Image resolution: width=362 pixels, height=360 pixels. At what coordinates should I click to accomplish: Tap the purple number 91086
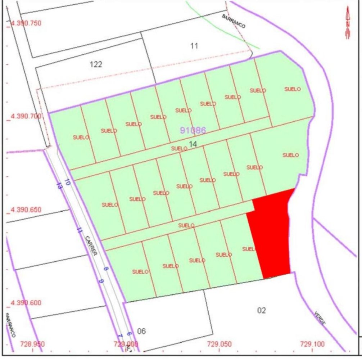click(193, 130)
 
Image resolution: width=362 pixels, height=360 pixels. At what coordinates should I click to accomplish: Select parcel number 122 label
click(96, 64)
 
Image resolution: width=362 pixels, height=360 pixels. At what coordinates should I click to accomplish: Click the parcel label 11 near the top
click(194, 46)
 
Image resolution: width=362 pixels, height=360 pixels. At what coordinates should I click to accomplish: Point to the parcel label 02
click(262, 310)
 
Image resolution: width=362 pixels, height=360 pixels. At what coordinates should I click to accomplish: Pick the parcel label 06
click(142, 331)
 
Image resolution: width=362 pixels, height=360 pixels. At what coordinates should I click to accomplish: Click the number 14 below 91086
click(193, 144)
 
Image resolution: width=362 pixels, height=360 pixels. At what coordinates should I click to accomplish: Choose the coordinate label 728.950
click(33, 344)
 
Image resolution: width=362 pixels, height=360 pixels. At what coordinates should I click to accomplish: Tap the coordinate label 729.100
click(312, 344)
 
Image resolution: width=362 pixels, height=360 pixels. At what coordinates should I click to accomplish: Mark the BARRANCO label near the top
click(234, 21)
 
